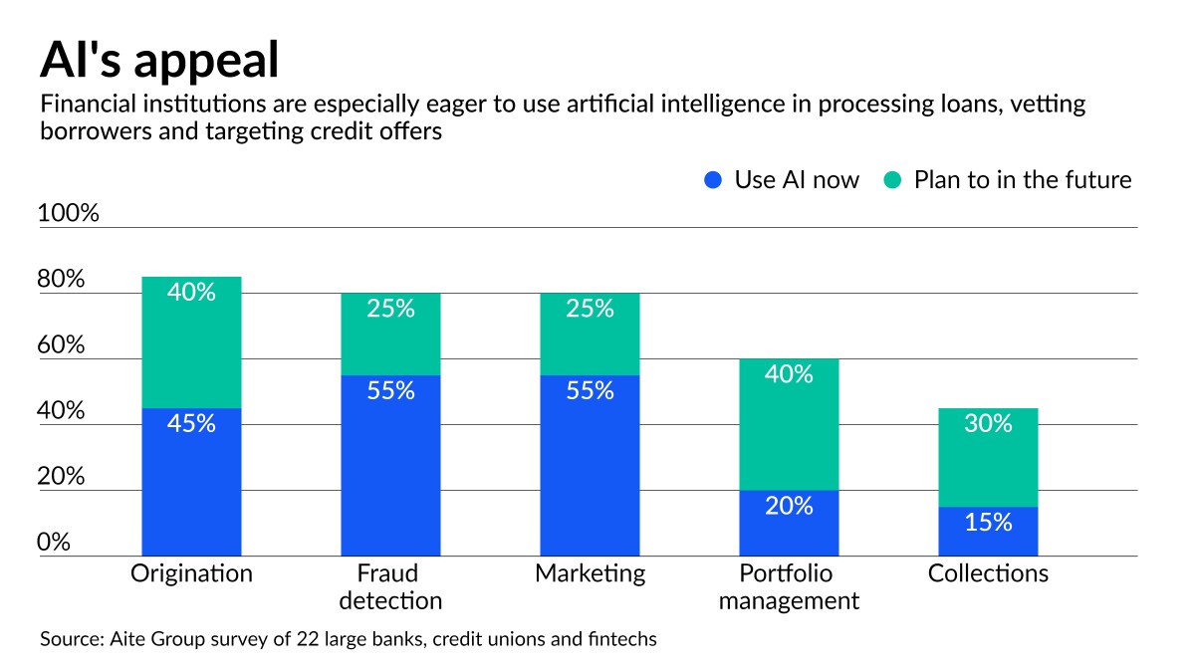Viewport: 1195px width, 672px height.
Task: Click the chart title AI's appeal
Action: pyautogui.click(x=158, y=60)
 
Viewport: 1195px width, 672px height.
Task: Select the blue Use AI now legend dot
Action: pyautogui.click(x=712, y=180)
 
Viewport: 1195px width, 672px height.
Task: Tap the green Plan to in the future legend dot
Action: pyautogui.click(x=892, y=180)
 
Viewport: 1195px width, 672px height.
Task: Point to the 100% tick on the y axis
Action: pyautogui.click(x=68, y=213)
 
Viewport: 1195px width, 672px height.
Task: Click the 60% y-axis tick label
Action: pyautogui.click(x=61, y=345)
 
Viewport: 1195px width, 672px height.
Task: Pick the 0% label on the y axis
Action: pyautogui.click(x=54, y=543)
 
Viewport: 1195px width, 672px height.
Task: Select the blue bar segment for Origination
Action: pyautogui.click(x=191, y=482)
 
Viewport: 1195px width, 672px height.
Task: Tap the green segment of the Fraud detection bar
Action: pyautogui.click(x=390, y=334)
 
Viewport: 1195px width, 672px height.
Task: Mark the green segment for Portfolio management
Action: pyautogui.click(x=789, y=424)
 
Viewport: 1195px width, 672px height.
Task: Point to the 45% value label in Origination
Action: pyautogui.click(x=191, y=423)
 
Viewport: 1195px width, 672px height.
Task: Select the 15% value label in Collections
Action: pyautogui.click(x=988, y=522)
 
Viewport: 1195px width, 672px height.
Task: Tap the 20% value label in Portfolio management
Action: pyautogui.click(x=789, y=506)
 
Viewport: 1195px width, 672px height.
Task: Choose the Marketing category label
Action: pyautogui.click(x=590, y=574)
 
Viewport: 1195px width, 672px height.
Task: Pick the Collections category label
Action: pyautogui.click(x=988, y=574)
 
